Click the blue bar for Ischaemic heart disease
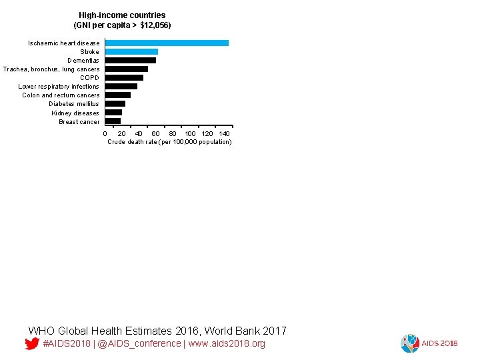pos(167,43)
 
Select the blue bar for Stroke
pos(131,51)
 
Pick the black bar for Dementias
pos(131,60)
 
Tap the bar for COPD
pos(124,77)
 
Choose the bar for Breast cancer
pos(113,121)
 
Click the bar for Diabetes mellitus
pos(115,103)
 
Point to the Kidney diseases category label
pos(75,113)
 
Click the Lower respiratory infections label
pos(59,86)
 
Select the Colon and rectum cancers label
pos(61,95)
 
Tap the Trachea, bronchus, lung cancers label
pos(51,69)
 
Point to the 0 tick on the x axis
pos(105,134)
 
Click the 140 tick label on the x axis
pos(225,134)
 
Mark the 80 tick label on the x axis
pos(173,134)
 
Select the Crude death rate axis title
pos(169,142)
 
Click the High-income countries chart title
pos(122,15)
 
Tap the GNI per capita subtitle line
pos(122,25)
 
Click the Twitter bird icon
pos(31,344)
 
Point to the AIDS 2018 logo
pos(429,343)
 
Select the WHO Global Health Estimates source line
pos(157,331)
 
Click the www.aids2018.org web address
pos(227,343)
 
